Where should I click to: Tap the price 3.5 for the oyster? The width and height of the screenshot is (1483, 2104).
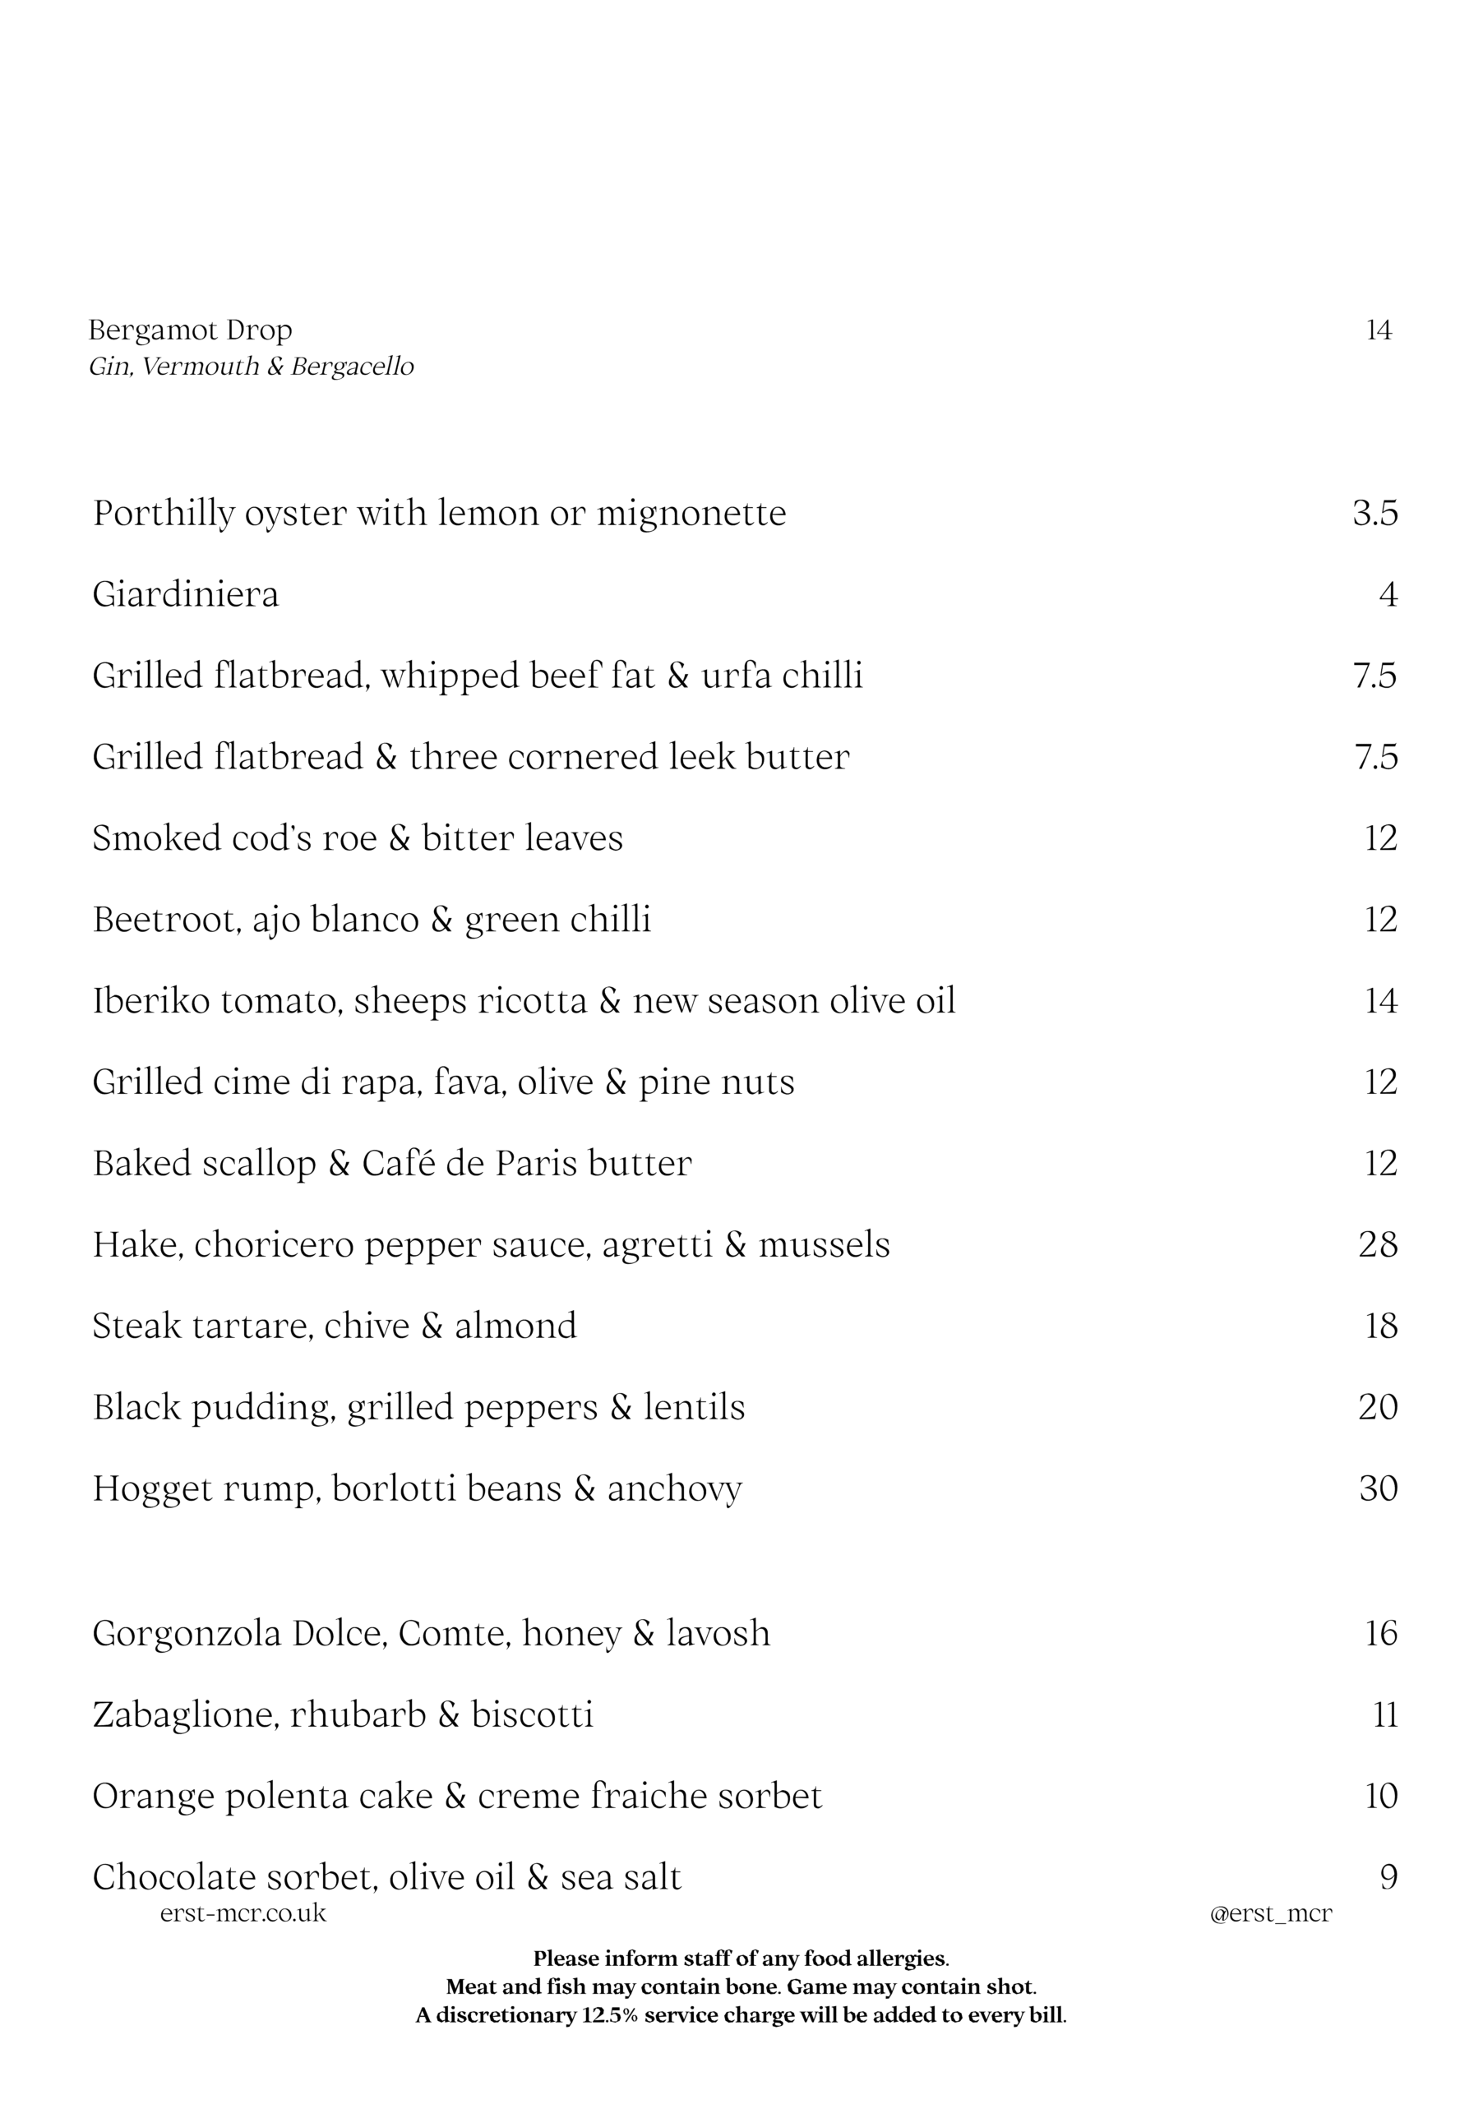pyautogui.click(x=1374, y=513)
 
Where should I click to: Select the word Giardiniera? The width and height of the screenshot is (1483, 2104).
pyautogui.click(x=185, y=595)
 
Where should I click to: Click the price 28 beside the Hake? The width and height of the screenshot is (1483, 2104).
pyautogui.click(x=1378, y=1244)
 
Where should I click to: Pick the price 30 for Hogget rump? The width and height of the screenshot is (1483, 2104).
pyautogui.click(x=1378, y=1488)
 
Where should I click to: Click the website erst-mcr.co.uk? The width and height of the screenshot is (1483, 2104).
pyautogui.click(x=243, y=1913)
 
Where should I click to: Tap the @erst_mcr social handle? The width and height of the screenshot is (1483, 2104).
pyautogui.click(x=1270, y=1913)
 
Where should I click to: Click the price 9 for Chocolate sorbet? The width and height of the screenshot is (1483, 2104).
pyautogui.click(x=1388, y=1876)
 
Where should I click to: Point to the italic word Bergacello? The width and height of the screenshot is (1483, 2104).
pyautogui.click(x=352, y=367)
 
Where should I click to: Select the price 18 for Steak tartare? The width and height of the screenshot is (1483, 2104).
pyautogui.click(x=1380, y=1326)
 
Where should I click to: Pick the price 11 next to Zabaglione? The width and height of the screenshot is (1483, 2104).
pyautogui.click(x=1385, y=1714)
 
